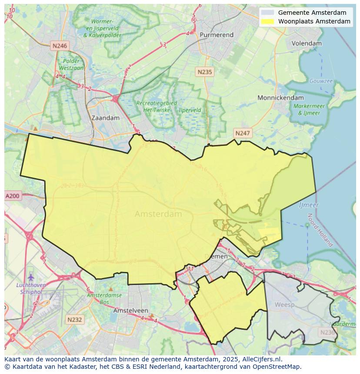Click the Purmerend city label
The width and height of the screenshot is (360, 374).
point(217,35)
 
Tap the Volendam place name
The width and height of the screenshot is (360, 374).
point(307,43)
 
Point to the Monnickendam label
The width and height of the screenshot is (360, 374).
point(280,98)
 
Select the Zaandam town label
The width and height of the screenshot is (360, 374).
point(105,118)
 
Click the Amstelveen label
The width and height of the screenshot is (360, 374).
point(130,311)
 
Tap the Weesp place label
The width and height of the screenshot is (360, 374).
point(284,304)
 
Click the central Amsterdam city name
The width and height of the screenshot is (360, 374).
point(158,214)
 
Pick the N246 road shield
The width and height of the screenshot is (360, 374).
point(59,46)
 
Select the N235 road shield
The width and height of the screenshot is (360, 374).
point(204,72)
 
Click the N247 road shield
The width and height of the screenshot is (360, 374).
point(242,133)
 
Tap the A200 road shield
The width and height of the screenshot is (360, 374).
point(12,196)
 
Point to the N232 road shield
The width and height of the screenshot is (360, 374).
point(74,320)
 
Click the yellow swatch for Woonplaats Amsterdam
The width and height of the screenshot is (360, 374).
point(268,21)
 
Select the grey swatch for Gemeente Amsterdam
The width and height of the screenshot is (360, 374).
point(268,13)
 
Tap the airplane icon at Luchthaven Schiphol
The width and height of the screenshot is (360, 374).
point(30,277)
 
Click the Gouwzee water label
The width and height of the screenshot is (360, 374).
point(321,81)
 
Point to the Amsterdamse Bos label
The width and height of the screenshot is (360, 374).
point(103,298)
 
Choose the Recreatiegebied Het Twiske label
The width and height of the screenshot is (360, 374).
point(157,106)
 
